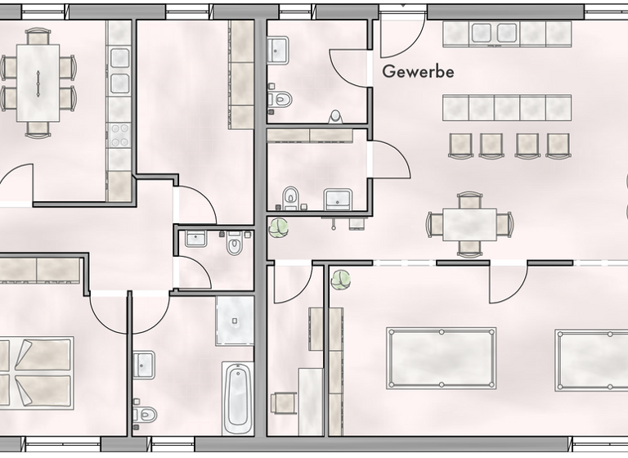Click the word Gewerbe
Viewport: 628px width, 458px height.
point(418,72)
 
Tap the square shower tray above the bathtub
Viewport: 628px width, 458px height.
point(235,320)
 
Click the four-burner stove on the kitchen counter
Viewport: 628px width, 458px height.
point(119,133)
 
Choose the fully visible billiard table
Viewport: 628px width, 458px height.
point(441,358)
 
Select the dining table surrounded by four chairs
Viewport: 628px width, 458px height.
point(469,224)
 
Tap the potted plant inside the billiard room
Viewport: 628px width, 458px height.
point(340,280)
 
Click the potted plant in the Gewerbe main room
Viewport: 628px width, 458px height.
point(279,227)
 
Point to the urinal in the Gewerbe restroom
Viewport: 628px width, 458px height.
point(335,116)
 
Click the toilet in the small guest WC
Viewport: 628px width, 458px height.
point(235,245)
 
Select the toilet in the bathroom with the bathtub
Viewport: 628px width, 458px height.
point(145,414)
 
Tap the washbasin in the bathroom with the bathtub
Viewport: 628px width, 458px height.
point(144,364)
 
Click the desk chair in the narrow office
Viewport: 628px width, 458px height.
point(283,403)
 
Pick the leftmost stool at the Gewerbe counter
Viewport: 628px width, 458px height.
point(460,145)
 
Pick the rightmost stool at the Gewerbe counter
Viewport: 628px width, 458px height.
point(558,145)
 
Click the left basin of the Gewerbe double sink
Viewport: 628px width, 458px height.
point(482,33)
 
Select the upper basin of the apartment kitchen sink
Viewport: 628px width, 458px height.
point(119,57)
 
